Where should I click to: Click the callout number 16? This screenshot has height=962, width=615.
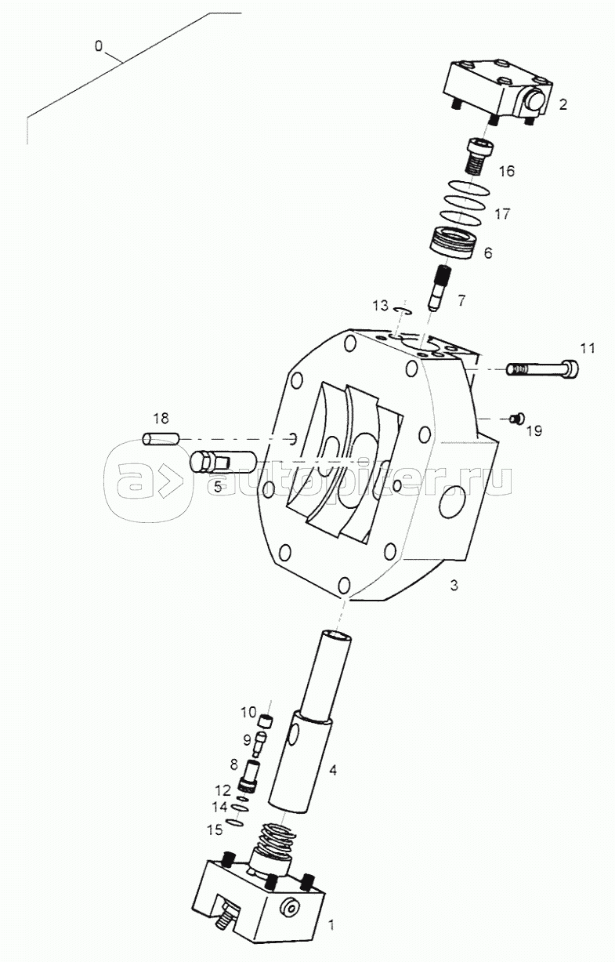(506, 171)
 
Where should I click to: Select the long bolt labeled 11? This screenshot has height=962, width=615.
(542, 368)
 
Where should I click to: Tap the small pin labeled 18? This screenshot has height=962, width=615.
(160, 439)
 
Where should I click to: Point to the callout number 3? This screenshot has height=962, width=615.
(454, 585)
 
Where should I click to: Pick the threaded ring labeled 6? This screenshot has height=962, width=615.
(451, 243)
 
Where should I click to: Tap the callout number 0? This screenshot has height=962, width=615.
(99, 46)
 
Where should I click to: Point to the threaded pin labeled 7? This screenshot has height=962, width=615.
(439, 287)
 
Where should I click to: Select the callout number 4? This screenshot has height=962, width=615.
(333, 770)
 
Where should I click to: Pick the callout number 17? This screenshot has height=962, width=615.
(502, 213)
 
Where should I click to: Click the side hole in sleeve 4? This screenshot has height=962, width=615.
(292, 735)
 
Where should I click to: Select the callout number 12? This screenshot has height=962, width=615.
(222, 790)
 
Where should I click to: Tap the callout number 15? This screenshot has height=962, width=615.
(215, 829)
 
